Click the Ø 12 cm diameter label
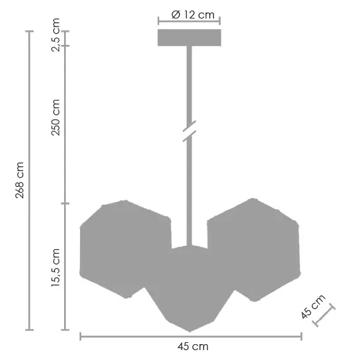[x=189, y=14]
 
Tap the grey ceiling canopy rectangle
[x=189, y=38]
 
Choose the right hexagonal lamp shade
[x=255, y=249]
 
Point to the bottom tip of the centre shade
[x=190, y=331]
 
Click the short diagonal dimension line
[x=324, y=316]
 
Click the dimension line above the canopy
[x=189, y=21]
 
